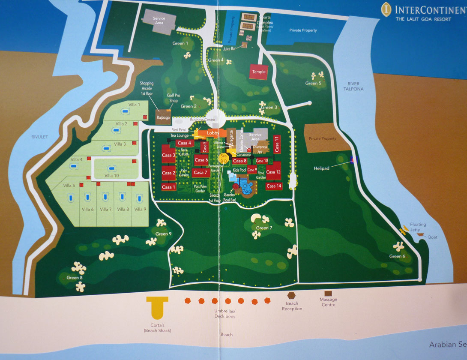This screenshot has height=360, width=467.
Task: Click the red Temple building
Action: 259,72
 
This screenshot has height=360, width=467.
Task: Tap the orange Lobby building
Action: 213,133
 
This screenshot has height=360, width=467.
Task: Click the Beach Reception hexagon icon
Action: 291,296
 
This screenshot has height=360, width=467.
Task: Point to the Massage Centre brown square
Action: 328,293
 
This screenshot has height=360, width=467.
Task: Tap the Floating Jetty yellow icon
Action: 404,231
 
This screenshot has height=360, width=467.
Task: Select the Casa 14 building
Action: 273,186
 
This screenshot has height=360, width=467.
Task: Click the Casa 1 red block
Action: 168,187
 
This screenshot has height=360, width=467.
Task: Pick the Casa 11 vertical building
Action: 277,144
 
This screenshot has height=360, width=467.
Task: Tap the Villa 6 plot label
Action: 88,209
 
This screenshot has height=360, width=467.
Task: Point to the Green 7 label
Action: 264,228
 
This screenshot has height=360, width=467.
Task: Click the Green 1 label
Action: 180,43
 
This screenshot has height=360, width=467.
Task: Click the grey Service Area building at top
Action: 159,21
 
